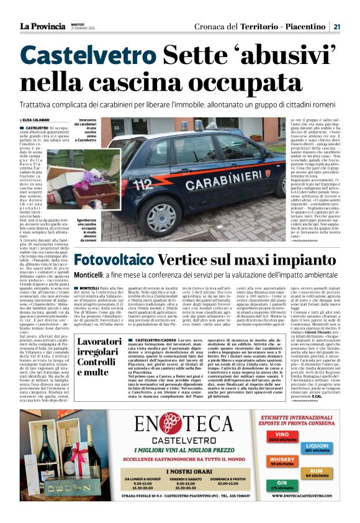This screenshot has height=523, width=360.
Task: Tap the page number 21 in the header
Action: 336,26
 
